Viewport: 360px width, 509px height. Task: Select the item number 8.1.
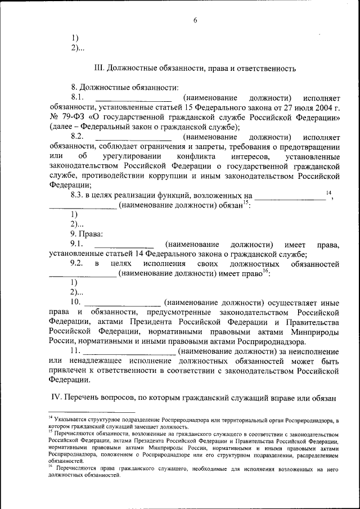click(77, 98)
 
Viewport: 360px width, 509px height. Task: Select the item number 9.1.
click(77, 244)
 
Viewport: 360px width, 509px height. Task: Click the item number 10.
click(75, 302)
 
